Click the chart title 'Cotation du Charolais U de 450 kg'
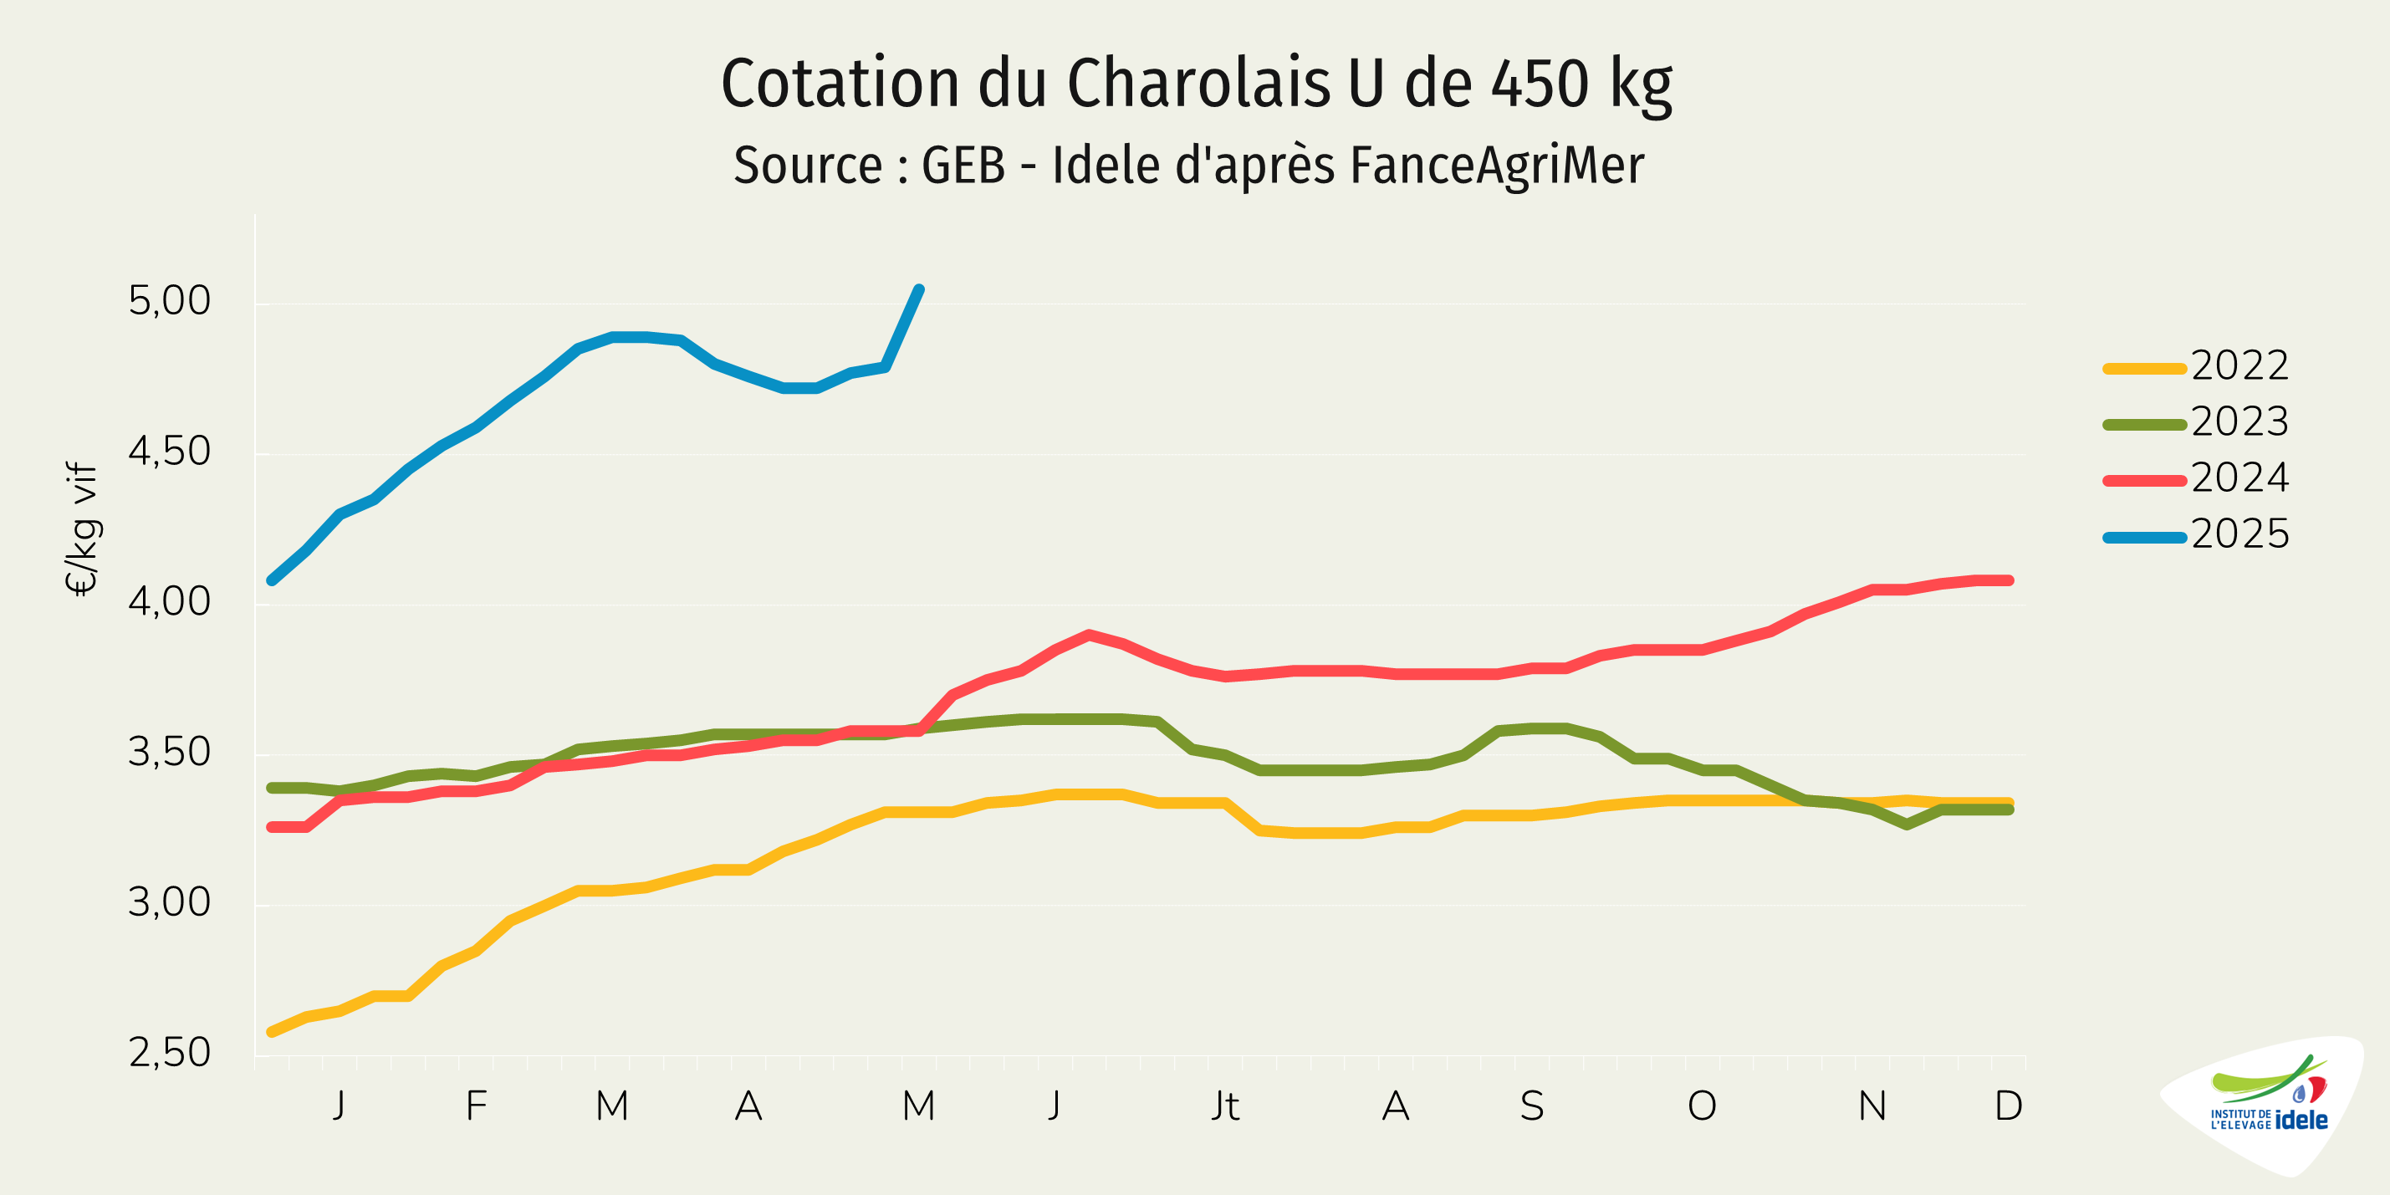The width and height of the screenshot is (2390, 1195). pos(1196,84)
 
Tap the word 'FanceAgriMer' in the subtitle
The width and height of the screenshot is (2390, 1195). pos(1497,166)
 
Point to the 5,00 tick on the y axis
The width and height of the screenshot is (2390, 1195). pos(170,302)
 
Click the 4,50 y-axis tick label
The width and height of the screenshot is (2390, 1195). pos(170,452)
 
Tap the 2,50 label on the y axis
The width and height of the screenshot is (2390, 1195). pos(170,1053)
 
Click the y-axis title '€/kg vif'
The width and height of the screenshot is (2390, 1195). pos(83,529)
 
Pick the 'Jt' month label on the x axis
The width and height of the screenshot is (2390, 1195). pos(1225,1106)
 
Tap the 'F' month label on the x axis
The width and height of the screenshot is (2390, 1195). pos(476,1106)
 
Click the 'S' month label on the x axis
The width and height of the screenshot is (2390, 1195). pos(1532,1106)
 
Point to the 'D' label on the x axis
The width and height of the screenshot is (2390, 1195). pos(2009,1106)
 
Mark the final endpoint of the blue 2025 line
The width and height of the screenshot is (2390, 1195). pos(919,289)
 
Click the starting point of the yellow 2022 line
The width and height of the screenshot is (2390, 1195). pos(271,1032)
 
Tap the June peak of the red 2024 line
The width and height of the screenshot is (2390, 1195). pos(1088,635)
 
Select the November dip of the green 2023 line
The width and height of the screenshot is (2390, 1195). pos(1907,825)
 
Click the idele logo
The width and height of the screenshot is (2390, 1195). pos(2269,1104)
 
